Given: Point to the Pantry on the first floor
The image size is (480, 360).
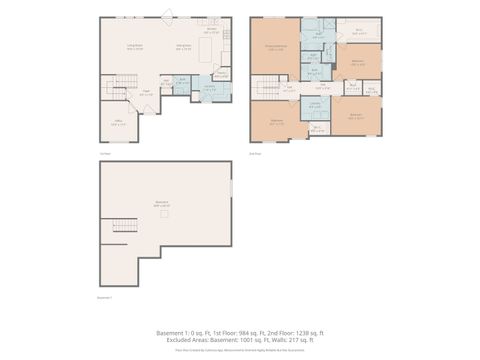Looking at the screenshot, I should pyautogui.click(x=220, y=73).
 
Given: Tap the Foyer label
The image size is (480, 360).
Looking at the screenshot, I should pyautogui.click(x=146, y=95).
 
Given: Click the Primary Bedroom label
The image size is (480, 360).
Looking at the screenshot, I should pyautogui.click(x=275, y=47).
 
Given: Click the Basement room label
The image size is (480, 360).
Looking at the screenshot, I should pyautogui.click(x=162, y=203).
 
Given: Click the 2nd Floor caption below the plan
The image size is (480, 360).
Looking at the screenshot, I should pyautogui.click(x=255, y=154).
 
